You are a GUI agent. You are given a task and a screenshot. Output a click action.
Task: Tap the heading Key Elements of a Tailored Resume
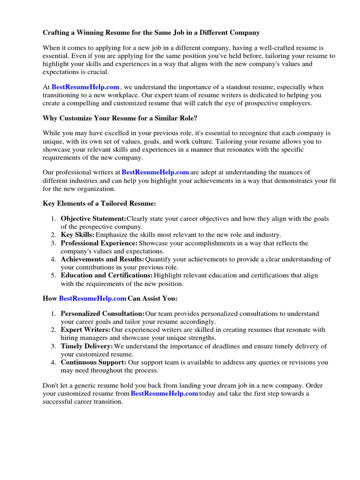tap(99, 203)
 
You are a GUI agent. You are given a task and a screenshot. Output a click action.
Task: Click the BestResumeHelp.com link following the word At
tap(85, 87)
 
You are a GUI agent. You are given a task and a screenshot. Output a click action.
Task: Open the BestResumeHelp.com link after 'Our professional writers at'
tap(155, 172)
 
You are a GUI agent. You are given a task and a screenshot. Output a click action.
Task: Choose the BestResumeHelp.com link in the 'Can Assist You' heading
tap(93, 298)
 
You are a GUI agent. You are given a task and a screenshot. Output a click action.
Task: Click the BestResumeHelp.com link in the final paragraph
tap(164, 393)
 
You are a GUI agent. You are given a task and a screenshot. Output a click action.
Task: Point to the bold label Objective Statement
tap(93, 218)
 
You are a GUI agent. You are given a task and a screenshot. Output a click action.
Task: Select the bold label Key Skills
tap(77, 234)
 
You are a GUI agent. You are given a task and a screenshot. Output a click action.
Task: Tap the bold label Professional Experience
tap(99, 243)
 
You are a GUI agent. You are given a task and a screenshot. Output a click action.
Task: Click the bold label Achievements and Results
tap(102, 259)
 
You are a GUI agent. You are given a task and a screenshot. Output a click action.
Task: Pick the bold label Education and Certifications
tap(106, 275)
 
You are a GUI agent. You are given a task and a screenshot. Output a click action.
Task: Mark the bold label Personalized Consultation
tap(102, 313)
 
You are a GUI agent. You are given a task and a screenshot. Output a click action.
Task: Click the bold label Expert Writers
tap(86, 330)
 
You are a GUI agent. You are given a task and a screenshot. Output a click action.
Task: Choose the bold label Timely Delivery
tap(87, 346)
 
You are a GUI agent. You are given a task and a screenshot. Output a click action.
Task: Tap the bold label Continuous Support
tap(93, 362)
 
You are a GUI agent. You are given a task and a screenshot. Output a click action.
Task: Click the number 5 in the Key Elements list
tap(53, 275)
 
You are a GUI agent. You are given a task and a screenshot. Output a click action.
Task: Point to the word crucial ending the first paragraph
tap(100, 72)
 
